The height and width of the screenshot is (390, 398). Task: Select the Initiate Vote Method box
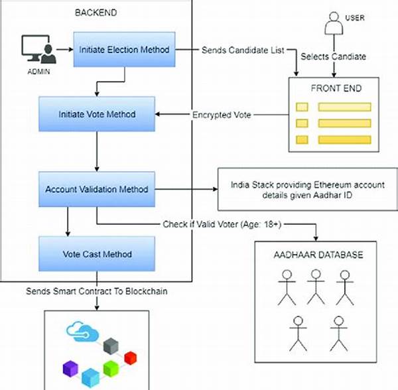point(98,114)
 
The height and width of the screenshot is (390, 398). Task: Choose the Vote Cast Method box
point(98,254)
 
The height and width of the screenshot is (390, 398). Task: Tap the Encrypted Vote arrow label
point(221,114)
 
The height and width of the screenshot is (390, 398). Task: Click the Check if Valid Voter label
point(222,225)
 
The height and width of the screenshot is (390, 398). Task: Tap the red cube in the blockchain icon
point(148,357)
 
